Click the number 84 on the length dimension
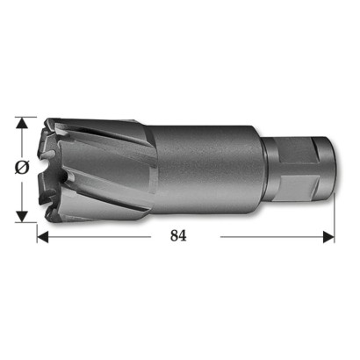pos(178,235)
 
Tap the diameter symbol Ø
pos(22,168)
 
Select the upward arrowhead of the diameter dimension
pos(22,123)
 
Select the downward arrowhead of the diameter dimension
pos(22,216)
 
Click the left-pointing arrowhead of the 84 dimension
pos(43,237)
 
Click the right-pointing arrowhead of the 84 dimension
pos(328,237)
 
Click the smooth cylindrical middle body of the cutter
pos(208,169)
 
